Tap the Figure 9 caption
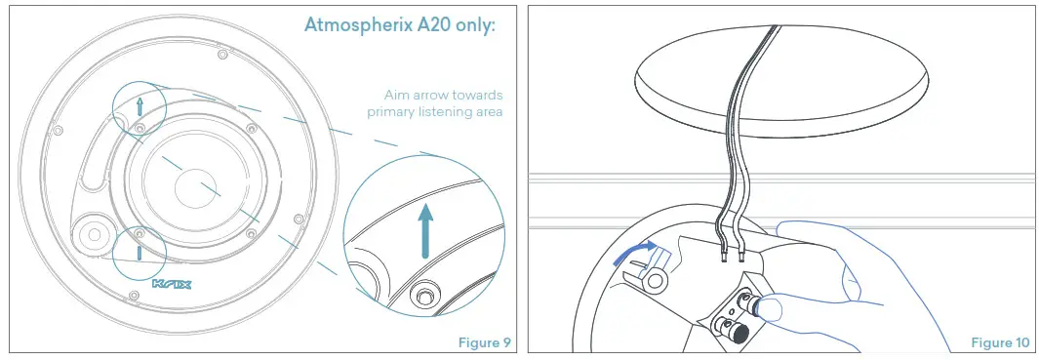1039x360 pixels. pos(485,342)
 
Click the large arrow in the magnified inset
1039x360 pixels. pos(424,229)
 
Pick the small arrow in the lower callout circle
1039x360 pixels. pos(139,250)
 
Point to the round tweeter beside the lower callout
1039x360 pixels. pos(95,233)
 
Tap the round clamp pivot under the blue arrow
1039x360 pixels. pos(658,282)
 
